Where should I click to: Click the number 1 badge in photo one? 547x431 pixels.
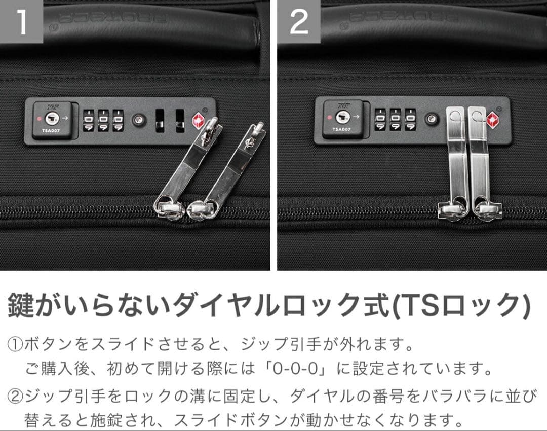(21, 22)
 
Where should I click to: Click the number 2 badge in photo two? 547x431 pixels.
(299, 22)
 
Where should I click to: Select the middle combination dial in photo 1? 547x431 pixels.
(104, 121)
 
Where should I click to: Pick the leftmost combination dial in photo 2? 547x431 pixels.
(381, 120)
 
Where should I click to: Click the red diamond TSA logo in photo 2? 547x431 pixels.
(492, 120)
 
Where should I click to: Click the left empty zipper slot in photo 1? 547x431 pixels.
(160, 121)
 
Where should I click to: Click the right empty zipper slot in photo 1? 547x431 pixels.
(180, 121)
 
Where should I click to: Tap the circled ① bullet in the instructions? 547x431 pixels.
(15, 346)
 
